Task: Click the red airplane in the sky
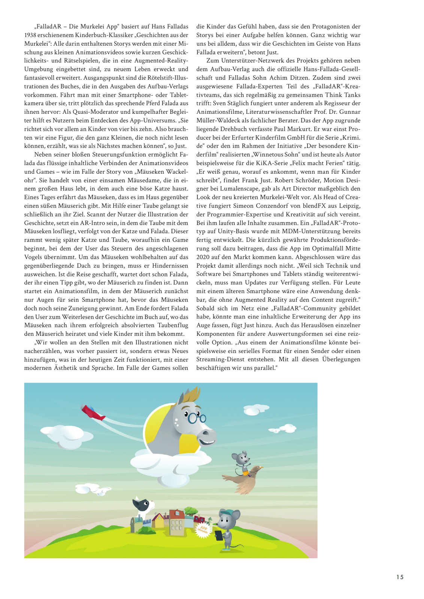[93, 412]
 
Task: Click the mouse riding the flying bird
[241, 461]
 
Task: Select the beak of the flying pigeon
[261, 468]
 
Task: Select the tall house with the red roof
[176, 520]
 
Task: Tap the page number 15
[400, 577]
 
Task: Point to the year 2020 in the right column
[203, 257]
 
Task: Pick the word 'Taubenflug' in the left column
[173, 325]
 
